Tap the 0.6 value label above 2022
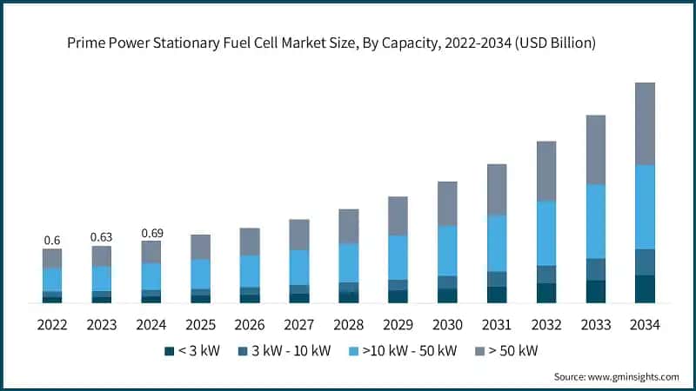[52, 240]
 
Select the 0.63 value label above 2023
[102, 237]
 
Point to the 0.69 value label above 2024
[151, 233]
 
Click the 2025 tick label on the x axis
[201, 324]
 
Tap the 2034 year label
[645, 324]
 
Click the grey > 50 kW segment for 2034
[645, 123]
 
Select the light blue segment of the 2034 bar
[645, 207]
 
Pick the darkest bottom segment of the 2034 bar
[645, 288]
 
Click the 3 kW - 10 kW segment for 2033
[595, 269]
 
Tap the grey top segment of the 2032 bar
[545, 171]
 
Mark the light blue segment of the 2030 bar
[447, 250]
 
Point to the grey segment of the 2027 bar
[299, 235]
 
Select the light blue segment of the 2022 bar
[52, 279]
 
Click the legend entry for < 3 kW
[191, 351]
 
